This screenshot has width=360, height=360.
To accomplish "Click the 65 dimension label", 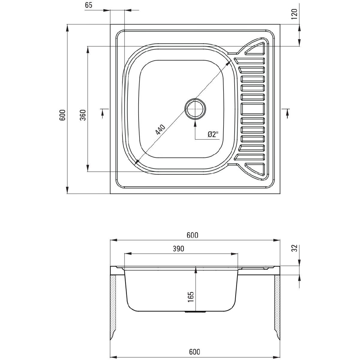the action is (x=88, y=5).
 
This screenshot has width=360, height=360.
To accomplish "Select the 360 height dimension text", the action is (x=83, y=115).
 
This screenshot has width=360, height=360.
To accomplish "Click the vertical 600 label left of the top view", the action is (x=62, y=115).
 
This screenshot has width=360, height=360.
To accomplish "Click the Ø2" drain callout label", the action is (x=213, y=134).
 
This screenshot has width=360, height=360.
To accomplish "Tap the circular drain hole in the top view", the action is (x=195, y=109).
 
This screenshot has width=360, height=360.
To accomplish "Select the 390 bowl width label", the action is (x=178, y=249).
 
